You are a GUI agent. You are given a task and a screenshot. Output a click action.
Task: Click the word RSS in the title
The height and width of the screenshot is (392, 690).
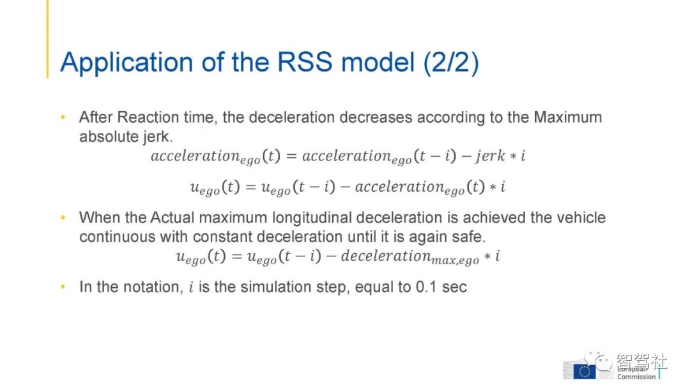click(x=305, y=62)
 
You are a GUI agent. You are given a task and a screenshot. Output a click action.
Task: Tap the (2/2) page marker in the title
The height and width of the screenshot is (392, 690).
click(x=451, y=63)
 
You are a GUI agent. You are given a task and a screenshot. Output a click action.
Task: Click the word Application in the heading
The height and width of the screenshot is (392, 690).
click(x=126, y=63)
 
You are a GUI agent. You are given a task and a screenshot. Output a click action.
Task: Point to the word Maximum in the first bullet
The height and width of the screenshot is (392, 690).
click(x=568, y=118)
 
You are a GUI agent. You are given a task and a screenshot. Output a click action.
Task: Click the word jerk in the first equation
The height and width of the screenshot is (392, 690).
click(x=490, y=155)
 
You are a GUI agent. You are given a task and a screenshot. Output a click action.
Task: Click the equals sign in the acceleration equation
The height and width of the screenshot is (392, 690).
click(x=291, y=156)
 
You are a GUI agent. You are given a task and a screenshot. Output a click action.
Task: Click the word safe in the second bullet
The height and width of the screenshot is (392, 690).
click(x=468, y=237)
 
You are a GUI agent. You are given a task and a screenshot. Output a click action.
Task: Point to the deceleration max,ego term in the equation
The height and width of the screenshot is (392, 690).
click(x=410, y=257)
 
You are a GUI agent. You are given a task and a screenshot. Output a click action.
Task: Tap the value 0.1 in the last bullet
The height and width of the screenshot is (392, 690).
click(x=426, y=287)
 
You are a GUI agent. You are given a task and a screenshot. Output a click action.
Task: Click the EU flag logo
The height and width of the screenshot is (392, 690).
click(x=585, y=372)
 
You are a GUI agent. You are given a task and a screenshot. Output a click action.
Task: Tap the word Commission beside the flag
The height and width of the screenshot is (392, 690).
click(x=636, y=377)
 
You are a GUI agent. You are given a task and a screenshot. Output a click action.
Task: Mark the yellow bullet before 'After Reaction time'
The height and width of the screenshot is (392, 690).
click(x=63, y=117)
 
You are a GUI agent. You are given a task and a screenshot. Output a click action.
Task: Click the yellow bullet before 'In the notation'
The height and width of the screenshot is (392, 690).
click(x=63, y=286)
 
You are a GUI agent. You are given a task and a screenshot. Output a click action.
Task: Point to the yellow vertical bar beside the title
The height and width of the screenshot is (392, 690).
click(x=47, y=39)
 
